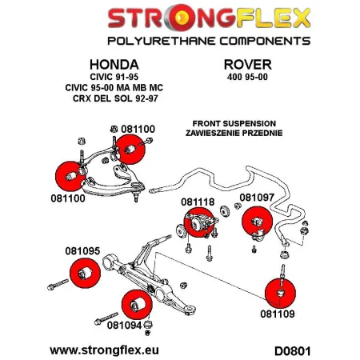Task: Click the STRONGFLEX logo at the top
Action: coord(179,18)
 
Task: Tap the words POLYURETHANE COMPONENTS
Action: coord(179,39)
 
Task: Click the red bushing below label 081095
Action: coord(80,274)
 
